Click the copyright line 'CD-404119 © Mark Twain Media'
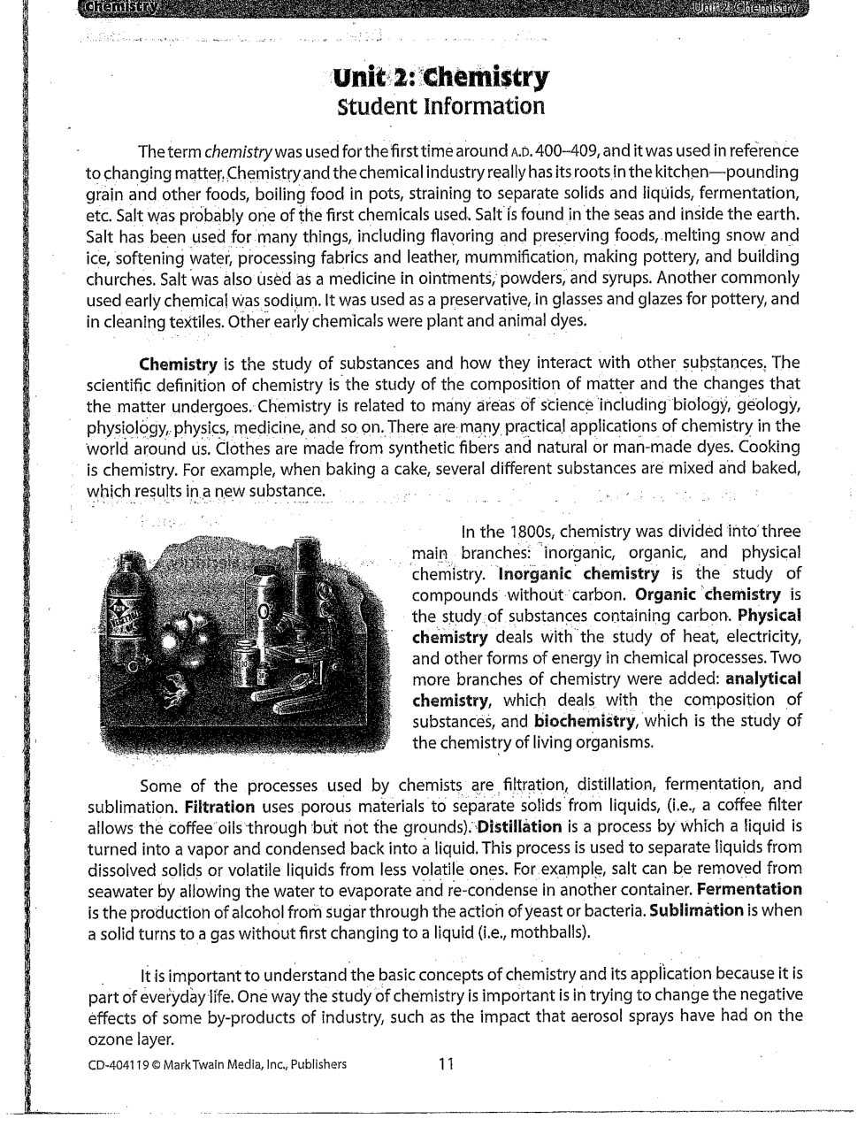[x=217, y=1064]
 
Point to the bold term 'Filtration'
[x=220, y=807]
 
